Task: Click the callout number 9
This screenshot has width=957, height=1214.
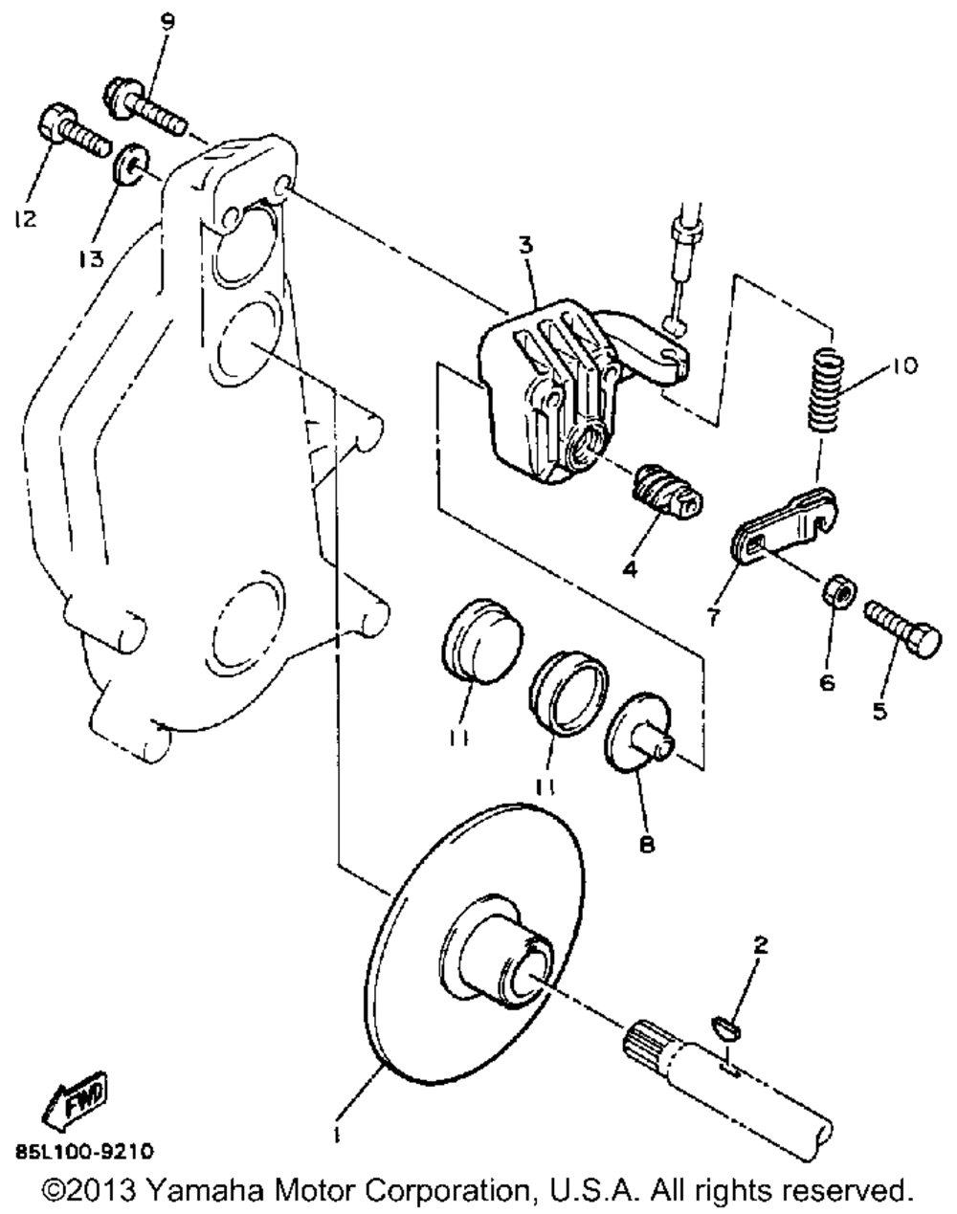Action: pyautogui.click(x=167, y=23)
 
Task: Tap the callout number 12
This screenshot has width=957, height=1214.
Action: pyautogui.click(x=26, y=218)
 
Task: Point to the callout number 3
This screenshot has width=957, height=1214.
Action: pyautogui.click(x=526, y=246)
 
